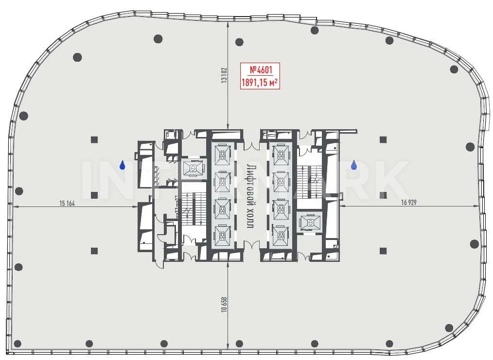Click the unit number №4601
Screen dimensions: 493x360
click(260, 69)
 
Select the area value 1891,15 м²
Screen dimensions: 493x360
click(260, 83)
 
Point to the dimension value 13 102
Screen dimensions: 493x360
click(224, 75)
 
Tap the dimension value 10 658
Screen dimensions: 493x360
click(224, 305)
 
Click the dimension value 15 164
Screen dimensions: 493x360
click(67, 203)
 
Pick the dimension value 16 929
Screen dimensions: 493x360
click(409, 202)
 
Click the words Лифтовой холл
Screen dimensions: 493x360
click(250, 196)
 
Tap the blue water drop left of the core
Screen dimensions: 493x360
click(123, 165)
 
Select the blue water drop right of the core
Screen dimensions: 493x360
click(354, 165)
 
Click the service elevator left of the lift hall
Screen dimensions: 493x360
click(193, 169)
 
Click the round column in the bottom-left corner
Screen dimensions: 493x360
click(18, 343)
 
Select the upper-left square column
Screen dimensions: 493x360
click(94, 140)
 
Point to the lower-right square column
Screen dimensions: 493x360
click(383, 251)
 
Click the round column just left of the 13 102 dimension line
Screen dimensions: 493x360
click(158, 39)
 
